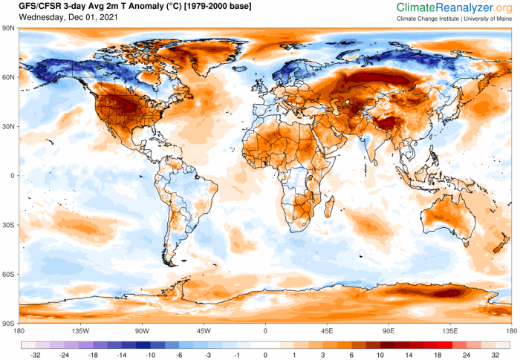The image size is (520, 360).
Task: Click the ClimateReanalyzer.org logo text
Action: coord(454,7)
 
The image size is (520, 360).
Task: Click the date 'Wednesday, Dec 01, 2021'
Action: coord(56,18)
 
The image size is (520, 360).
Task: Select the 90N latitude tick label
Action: coord(10,28)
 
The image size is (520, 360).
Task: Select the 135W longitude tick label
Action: coord(80,331)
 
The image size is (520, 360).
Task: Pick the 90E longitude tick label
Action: coord(388,331)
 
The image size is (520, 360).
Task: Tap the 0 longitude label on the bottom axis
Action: coord(265,331)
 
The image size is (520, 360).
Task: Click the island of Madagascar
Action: coord(331,210)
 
